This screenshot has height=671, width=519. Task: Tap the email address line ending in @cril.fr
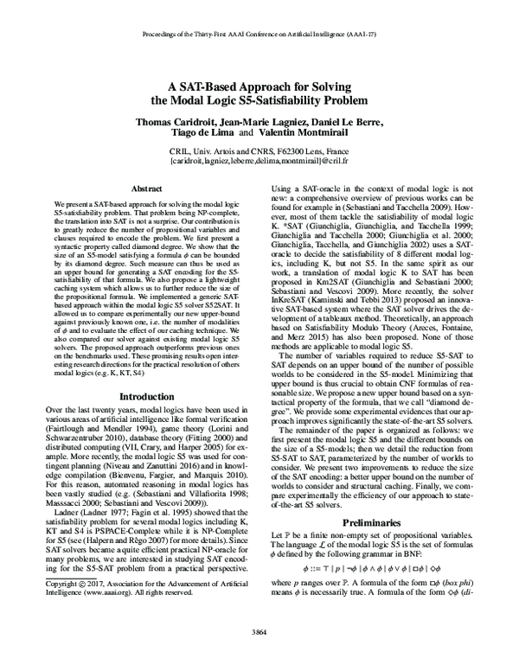point(259,161)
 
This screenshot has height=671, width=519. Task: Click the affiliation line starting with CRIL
point(259,150)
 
